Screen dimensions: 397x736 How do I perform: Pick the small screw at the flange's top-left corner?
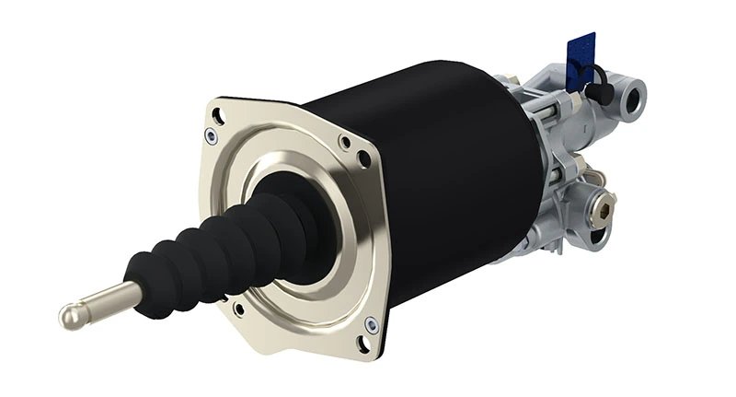pos(213,137)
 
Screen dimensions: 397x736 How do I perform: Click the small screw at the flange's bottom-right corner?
pos(370,323)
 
